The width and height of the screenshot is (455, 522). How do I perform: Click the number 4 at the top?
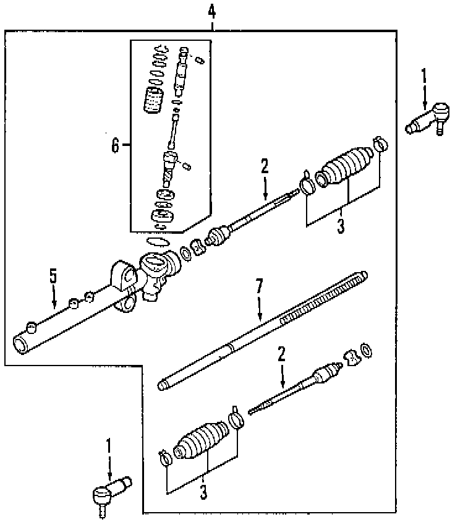[212, 11]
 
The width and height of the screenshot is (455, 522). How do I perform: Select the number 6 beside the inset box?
[115, 145]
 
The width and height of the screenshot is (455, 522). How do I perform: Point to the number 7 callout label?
[260, 286]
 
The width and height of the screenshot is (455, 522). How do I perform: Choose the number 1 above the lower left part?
[109, 446]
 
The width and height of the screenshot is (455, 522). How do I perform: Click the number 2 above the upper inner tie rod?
[265, 166]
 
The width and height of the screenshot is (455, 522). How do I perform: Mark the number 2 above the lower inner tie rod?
[282, 354]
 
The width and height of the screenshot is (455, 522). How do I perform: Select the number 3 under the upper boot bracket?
[341, 227]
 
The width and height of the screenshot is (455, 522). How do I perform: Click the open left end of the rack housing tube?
[20, 341]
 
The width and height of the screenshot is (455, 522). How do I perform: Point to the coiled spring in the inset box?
[153, 100]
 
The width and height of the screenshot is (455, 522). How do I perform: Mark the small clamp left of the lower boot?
[165, 458]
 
